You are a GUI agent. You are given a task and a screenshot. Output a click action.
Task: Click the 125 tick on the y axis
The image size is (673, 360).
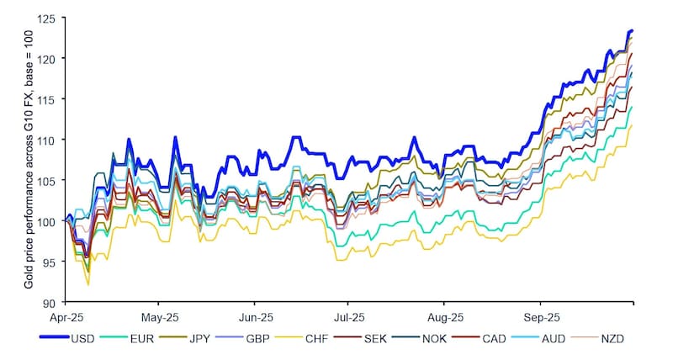pos(50,18)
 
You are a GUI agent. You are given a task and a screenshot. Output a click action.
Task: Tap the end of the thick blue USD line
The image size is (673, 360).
pos(632,30)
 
